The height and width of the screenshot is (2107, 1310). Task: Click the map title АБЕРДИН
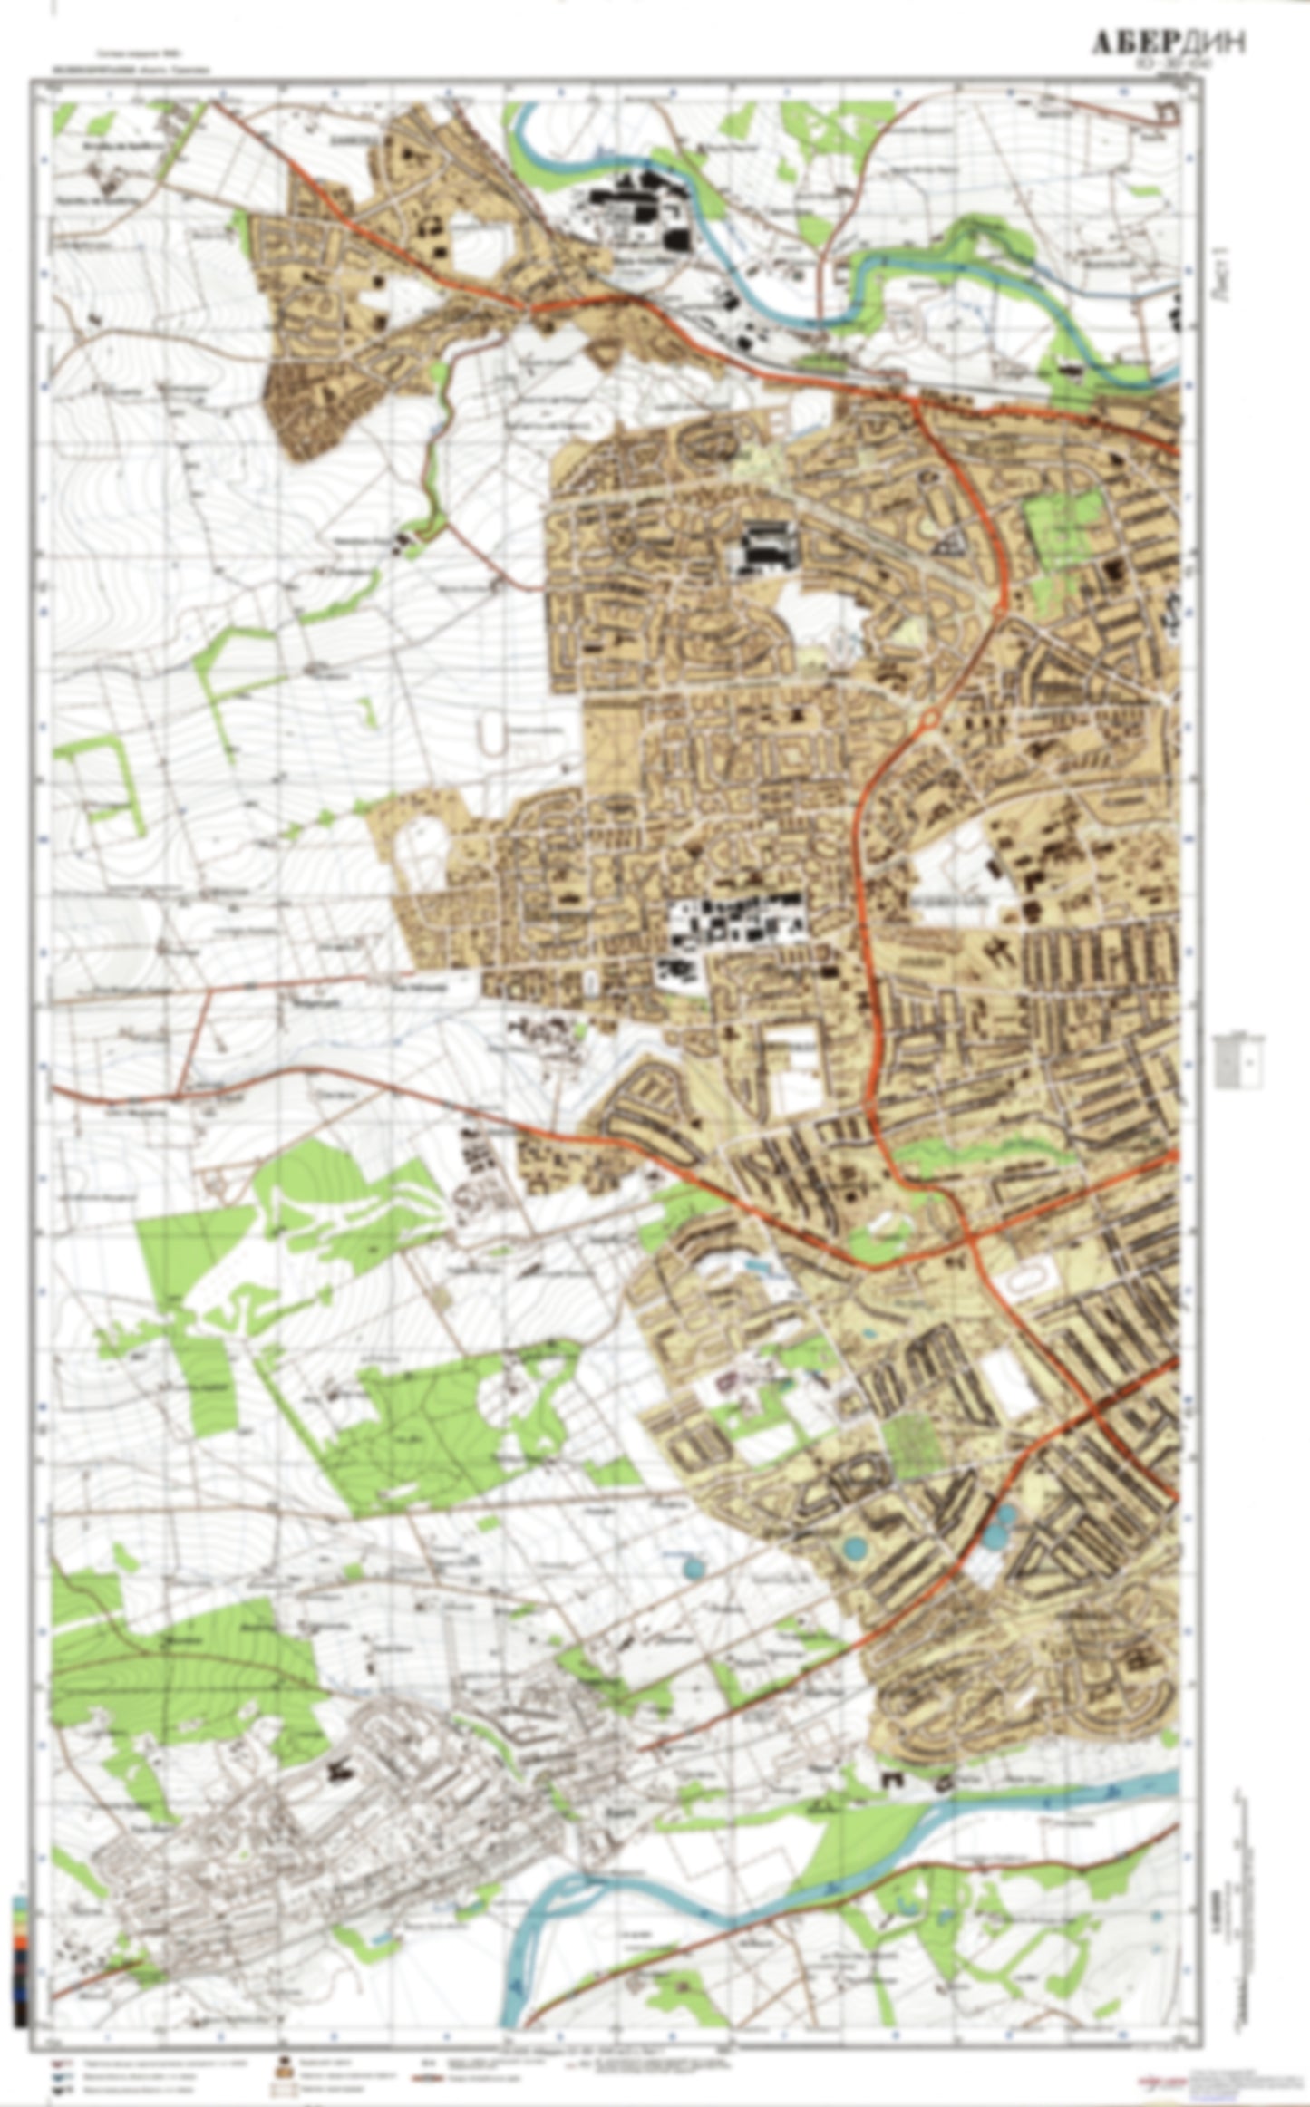click(x=1166, y=43)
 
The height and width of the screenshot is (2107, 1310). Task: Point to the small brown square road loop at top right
click(x=1168, y=112)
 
